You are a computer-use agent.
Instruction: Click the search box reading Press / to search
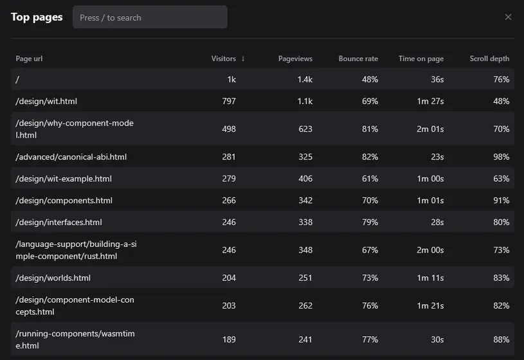click(x=150, y=17)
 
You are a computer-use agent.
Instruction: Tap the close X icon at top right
click(x=508, y=17)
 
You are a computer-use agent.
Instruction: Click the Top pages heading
click(x=37, y=17)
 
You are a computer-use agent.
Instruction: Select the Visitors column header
click(x=223, y=59)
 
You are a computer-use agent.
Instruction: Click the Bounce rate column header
click(x=358, y=59)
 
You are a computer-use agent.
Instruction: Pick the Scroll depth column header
click(x=489, y=59)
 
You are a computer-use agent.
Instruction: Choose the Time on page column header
click(x=420, y=59)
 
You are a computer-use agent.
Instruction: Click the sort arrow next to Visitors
click(x=243, y=59)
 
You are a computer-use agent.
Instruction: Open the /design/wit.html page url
click(x=46, y=101)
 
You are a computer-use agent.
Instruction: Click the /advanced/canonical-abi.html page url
click(x=71, y=157)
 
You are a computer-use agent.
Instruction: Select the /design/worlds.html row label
click(x=53, y=278)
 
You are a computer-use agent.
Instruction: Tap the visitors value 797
click(x=228, y=101)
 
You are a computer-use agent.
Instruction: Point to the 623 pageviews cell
click(x=305, y=129)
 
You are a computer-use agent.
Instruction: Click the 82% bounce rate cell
click(x=370, y=157)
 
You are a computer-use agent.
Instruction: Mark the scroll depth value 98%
click(x=501, y=157)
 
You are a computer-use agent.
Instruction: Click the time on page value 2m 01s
click(x=430, y=129)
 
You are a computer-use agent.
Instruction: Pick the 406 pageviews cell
click(x=305, y=179)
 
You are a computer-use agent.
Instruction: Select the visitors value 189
click(x=228, y=339)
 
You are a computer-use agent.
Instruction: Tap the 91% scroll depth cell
click(x=501, y=201)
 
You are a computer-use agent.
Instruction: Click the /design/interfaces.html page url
click(x=59, y=222)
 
